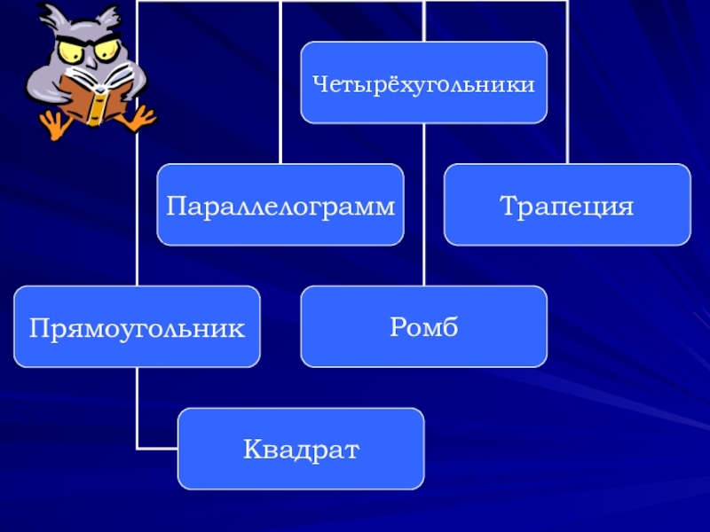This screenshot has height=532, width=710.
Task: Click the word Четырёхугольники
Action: tap(423, 85)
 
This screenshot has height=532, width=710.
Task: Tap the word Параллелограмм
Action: tap(280, 207)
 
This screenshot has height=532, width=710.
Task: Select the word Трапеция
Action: tap(566, 207)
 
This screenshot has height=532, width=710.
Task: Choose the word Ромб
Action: tap(423, 328)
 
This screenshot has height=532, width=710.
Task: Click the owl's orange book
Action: tap(92, 98)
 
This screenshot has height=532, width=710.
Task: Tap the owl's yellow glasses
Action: tap(85, 49)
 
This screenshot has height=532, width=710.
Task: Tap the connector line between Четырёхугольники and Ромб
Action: tap(424, 204)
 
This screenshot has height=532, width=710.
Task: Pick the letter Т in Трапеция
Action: tap(509, 207)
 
